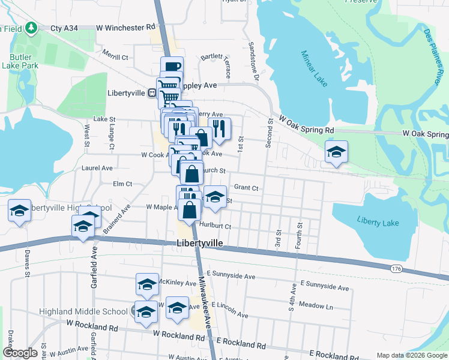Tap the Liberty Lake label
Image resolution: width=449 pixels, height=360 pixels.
point(378,222)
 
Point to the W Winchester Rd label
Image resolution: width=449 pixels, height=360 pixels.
point(125,28)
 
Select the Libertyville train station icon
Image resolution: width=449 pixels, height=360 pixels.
point(152,93)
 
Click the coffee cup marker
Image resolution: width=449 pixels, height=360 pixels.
point(171,67)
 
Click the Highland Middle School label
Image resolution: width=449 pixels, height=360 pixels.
point(83,311)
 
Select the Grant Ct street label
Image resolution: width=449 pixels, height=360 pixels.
point(246,188)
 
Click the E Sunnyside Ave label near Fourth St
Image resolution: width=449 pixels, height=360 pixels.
point(324,288)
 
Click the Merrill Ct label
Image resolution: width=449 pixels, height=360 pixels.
point(115,57)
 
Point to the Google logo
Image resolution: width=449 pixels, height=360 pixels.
point(20,353)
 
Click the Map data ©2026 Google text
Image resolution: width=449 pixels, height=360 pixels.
point(411,355)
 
